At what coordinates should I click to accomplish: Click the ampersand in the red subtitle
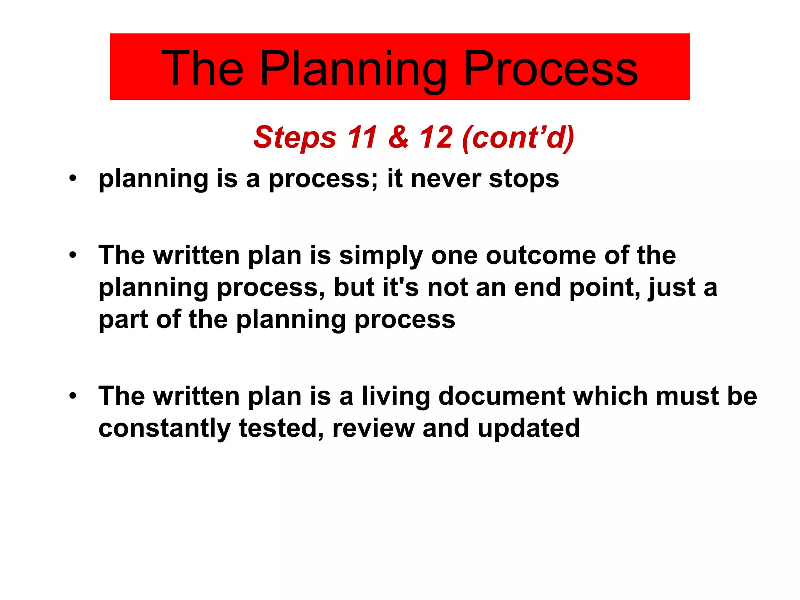click(x=398, y=137)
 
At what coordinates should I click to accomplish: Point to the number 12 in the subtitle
click(x=436, y=137)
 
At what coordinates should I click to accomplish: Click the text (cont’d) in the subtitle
click(x=518, y=137)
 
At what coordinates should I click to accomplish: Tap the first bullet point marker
click(x=73, y=179)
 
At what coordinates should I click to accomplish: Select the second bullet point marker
click(x=73, y=256)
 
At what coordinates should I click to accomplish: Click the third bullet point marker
click(x=73, y=396)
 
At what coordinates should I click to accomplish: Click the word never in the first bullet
click(x=446, y=179)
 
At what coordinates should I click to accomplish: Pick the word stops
click(x=524, y=179)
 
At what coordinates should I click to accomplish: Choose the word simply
click(x=381, y=256)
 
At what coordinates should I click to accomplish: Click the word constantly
click(x=164, y=429)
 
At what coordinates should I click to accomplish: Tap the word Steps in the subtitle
click(x=295, y=137)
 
